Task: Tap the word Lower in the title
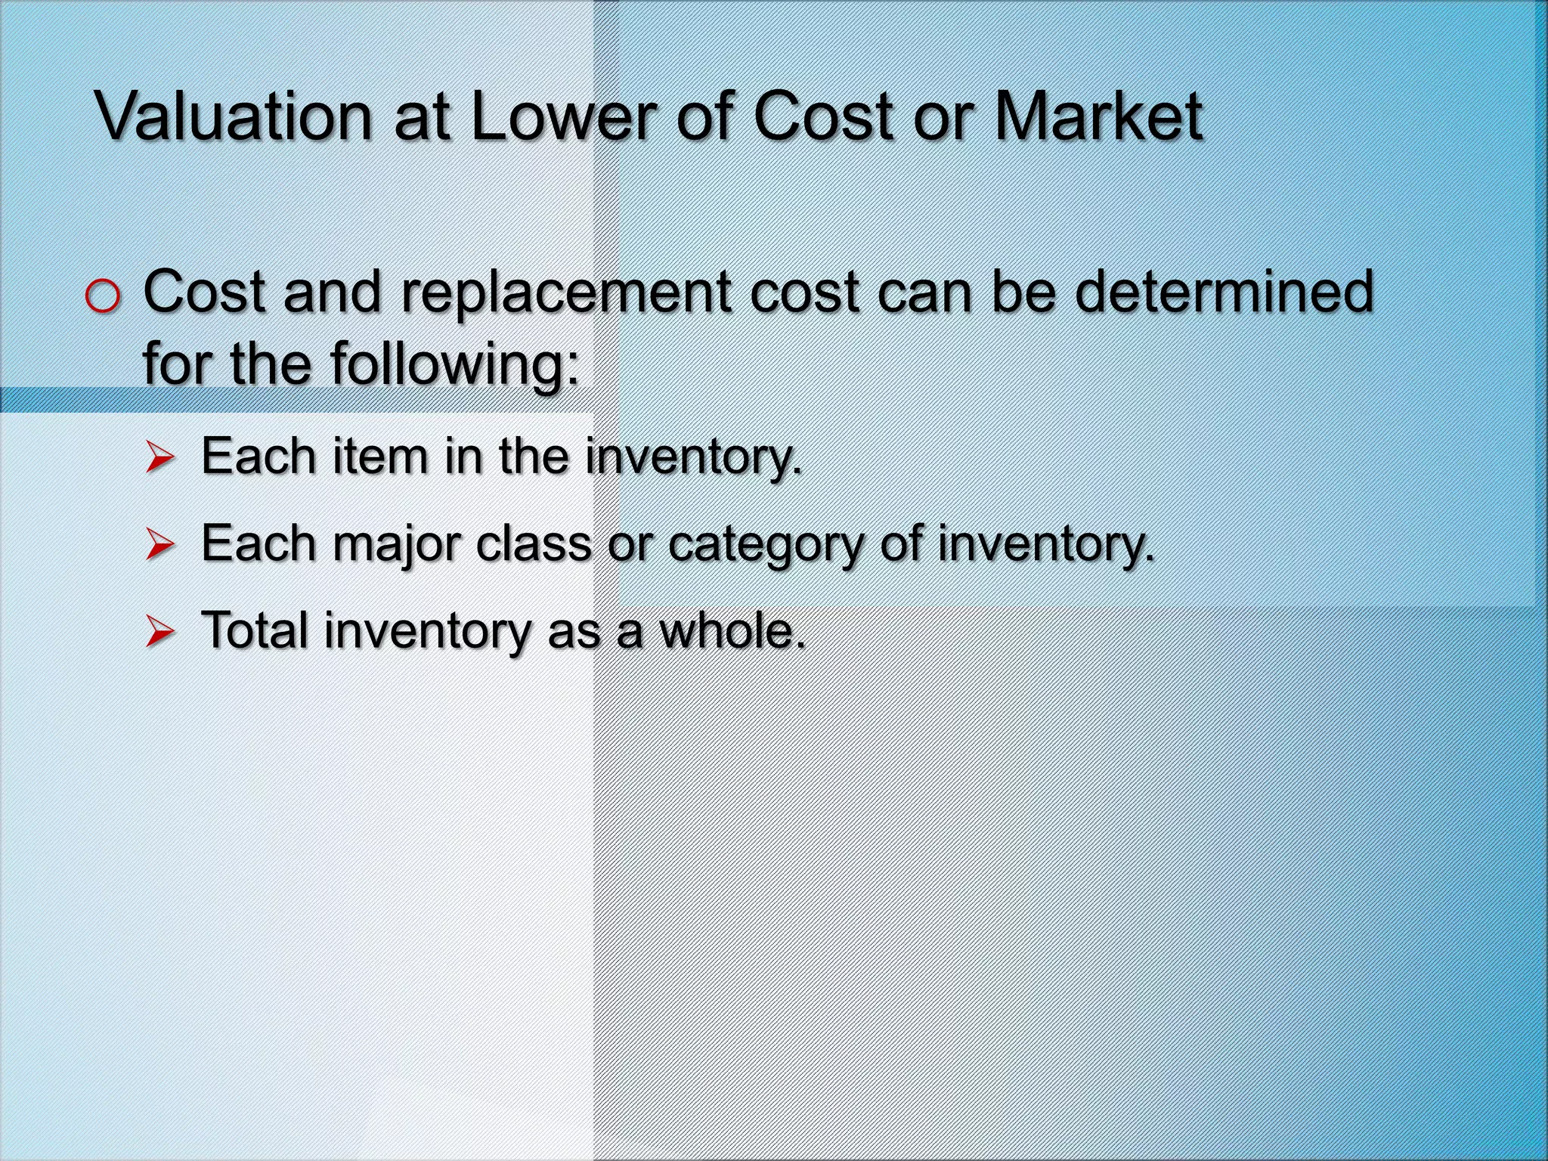[x=563, y=117]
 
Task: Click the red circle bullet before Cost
[x=102, y=298]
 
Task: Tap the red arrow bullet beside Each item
[x=160, y=459]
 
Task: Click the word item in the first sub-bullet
[x=371, y=457]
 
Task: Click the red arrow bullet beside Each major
[x=160, y=545]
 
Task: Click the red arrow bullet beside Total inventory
[x=160, y=632]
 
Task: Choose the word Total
[x=255, y=630]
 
